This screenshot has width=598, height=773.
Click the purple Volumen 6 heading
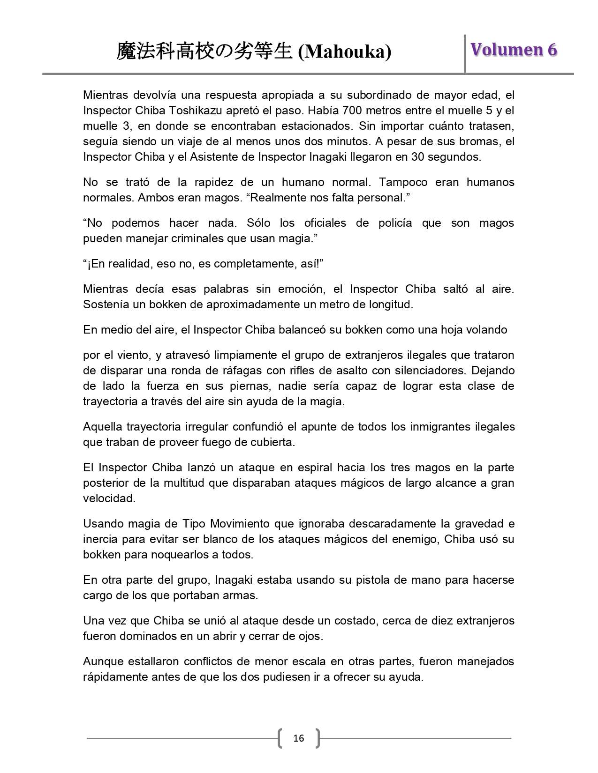tap(514, 50)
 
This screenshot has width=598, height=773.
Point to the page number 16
tap(298, 739)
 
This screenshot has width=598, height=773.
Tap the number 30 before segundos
tap(418, 157)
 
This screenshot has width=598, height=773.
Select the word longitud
tap(389, 305)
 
